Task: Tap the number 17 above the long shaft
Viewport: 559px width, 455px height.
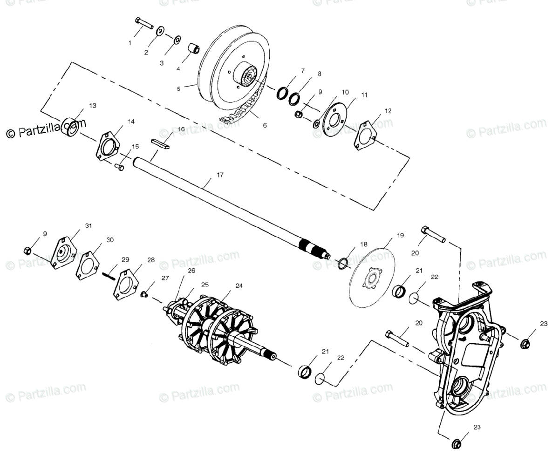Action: tap(220, 175)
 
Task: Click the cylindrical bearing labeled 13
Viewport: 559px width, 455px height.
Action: tap(72, 127)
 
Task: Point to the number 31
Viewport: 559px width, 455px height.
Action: tap(89, 225)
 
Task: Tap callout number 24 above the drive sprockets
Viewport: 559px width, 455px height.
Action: tap(239, 285)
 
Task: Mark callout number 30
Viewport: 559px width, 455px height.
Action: tap(110, 240)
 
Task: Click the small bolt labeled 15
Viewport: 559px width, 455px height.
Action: tap(120, 166)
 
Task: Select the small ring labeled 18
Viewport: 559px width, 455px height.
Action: tap(342, 264)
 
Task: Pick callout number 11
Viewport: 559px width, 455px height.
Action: tap(364, 95)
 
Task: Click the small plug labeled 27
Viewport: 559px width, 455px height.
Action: tap(144, 294)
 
